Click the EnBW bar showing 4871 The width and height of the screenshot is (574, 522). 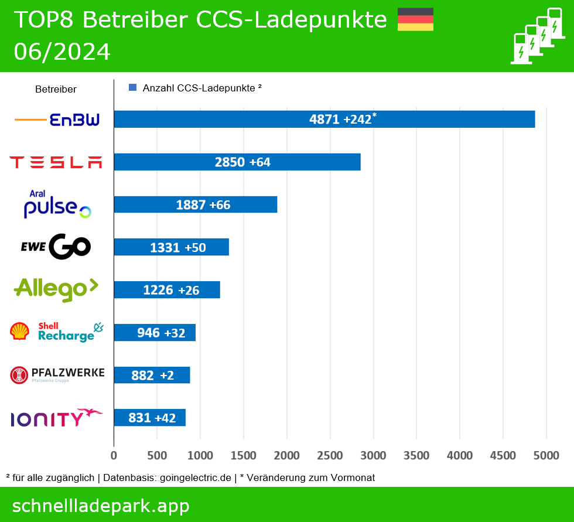tap(324, 120)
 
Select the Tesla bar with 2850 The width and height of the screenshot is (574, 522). tap(237, 162)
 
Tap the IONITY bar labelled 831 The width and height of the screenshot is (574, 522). tap(149, 418)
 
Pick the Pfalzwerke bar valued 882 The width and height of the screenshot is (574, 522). tap(152, 376)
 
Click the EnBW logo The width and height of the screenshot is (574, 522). tap(57, 120)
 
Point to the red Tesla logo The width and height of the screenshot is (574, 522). tap(56, 162)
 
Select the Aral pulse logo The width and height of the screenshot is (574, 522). tap(57, 204)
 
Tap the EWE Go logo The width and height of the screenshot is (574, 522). tap(56, 247)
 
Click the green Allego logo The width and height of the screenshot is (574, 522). tap(56, 289)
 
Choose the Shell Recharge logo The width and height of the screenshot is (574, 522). tap(57, 332)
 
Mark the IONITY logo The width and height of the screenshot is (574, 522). tap(56, 418)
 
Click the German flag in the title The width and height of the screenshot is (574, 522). tap(415, 19)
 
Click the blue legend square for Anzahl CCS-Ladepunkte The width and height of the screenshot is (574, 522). tap(132, 88)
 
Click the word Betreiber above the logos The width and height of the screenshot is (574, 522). tap(56, 90)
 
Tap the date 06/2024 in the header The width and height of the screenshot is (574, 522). tap(62, 52)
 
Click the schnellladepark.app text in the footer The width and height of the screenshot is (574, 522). tap(101, 506)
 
